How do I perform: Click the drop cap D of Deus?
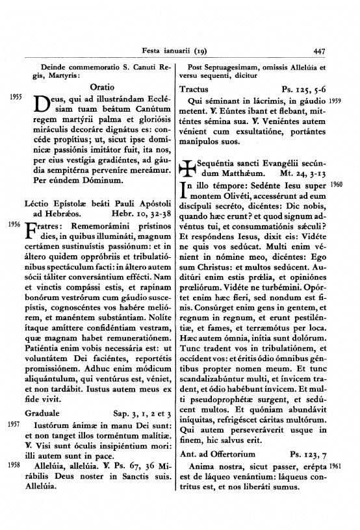tap(40, 104)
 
